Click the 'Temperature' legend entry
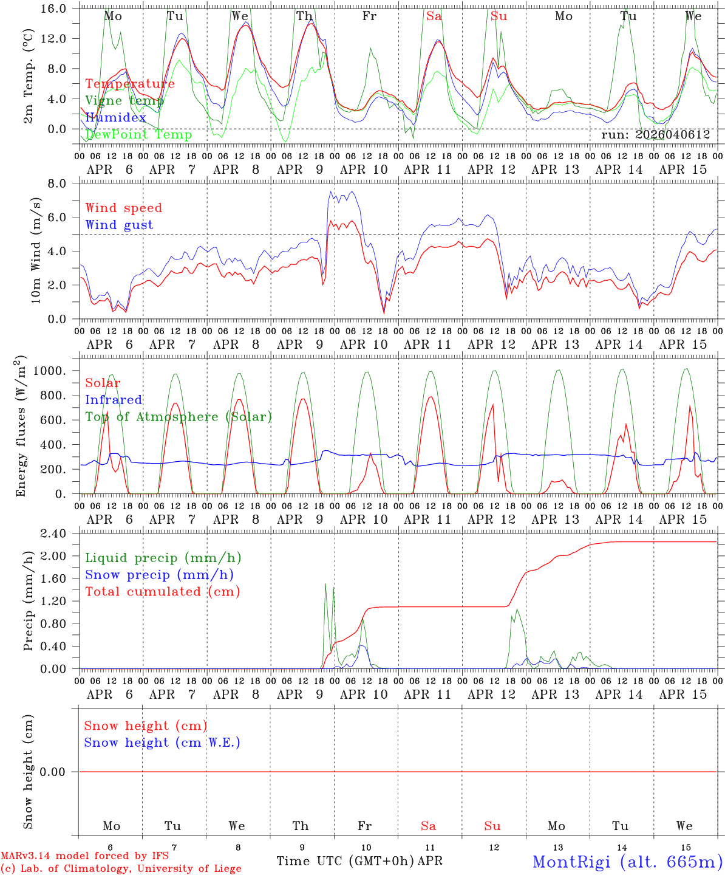(130, 84)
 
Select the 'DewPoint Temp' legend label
(138, 135)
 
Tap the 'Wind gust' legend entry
(119, 225)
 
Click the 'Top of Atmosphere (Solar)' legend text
(179, 417)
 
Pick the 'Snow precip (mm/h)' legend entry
(159, 575)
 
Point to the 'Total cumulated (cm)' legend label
(162, 592)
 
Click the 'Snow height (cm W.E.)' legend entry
(162, 743)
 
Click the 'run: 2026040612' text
(655, 135)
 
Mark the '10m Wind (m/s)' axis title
(36, 250)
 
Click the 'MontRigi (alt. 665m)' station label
(627, 861)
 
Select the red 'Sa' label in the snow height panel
(428, 826)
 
